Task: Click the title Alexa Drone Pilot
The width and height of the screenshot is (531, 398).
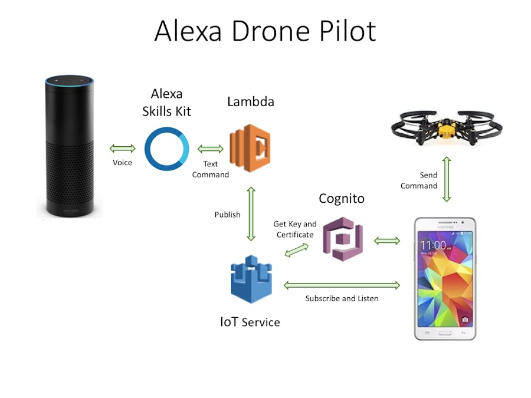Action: tap(265, 31)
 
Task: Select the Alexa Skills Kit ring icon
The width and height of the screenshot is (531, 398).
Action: tap(167, 149)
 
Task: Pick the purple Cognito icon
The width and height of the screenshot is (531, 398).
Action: tap(343, 239)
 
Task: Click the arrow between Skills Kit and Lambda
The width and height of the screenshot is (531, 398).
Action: tap(210, 149)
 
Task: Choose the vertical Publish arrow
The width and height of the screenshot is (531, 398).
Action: tap(251, 214)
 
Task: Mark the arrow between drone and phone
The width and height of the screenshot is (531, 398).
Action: tap(447, 179)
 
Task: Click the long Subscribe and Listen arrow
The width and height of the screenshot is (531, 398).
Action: tap(342, 285)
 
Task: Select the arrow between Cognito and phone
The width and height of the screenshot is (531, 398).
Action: tap(387, 240)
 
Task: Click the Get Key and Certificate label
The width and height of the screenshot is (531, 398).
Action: tap(295, 229)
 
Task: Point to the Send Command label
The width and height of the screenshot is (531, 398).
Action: tap(419, 180)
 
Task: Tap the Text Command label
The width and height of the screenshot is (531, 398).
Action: tap(211, 169)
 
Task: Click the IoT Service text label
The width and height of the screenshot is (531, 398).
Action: tap(250, 322)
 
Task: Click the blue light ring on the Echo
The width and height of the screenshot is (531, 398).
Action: tap(70, 84)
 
